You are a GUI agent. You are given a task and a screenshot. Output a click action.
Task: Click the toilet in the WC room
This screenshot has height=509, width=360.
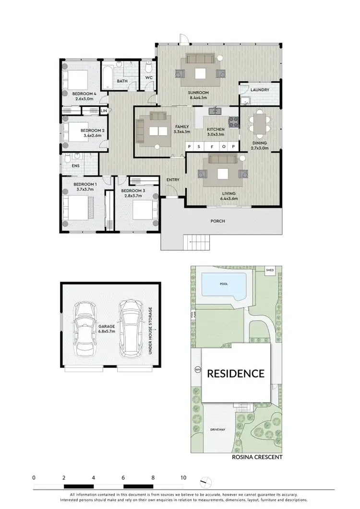point(149,67)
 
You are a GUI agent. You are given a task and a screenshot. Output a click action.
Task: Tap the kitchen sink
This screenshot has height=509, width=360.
point(214,112)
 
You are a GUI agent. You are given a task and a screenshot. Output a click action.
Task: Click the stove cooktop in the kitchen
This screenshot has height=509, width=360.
point(234,122)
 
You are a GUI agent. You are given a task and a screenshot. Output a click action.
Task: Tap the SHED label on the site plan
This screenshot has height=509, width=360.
point(270,271)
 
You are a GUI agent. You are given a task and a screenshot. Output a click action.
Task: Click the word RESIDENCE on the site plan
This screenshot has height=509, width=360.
point(235,373)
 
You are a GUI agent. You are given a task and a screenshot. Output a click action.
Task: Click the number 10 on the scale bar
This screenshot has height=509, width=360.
point(183,478)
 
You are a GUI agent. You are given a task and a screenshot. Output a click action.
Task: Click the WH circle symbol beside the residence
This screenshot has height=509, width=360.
point(197,369)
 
